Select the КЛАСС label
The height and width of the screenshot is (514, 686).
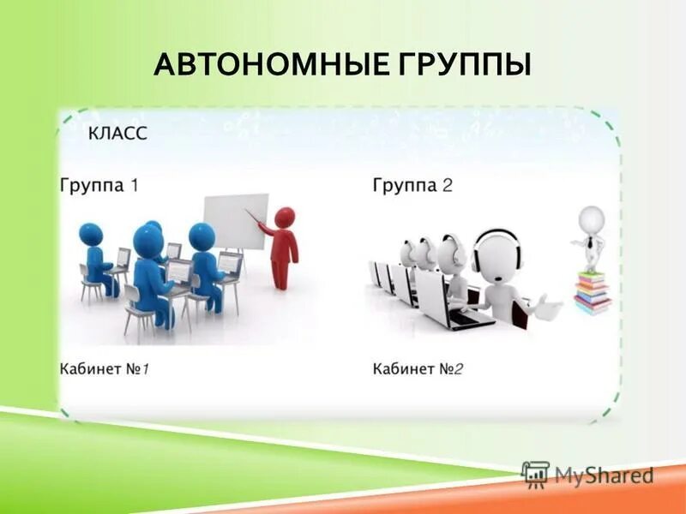(x=118, y=134)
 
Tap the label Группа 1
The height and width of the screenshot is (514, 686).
(x=99, y=185)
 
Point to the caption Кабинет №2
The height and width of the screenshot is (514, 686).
(x=418, y=369)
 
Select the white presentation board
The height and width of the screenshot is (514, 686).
(x=235, y=222)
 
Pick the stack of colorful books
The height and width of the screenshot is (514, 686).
(x=593, y=292)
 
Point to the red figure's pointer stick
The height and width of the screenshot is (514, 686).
(x=256, y=219)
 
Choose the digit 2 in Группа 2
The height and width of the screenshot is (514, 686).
(x=447, y=185)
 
